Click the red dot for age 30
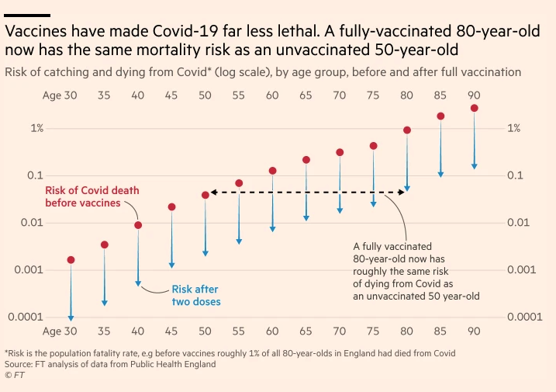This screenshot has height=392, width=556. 71,260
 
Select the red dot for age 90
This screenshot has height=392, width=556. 475,109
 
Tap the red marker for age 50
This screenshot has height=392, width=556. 205,195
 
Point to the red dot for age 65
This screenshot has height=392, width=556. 306,160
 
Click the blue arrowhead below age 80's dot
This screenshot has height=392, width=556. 407,188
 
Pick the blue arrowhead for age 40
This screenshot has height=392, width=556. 138,283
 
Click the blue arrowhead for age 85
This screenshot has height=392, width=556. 440,173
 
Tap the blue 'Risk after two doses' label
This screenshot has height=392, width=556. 196,295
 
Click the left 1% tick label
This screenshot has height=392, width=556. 37,128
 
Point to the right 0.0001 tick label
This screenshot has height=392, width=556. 525,317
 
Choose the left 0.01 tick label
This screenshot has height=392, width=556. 33,223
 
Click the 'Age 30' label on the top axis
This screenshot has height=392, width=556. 60,95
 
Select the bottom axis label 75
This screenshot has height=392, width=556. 373,331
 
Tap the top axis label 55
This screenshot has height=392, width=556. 239,95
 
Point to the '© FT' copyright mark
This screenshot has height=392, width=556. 14,374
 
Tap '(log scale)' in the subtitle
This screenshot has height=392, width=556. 250,71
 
